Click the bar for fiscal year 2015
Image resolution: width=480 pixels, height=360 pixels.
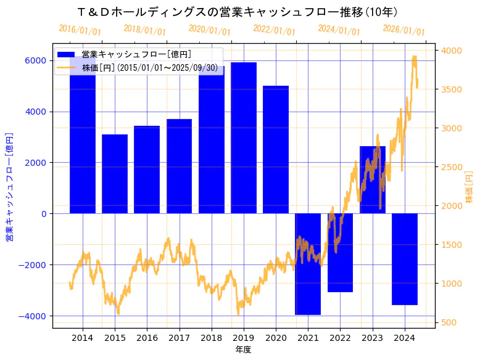[115, 174]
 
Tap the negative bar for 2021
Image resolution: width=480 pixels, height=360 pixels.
[308, 264]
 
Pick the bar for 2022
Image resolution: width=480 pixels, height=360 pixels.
[340, 253]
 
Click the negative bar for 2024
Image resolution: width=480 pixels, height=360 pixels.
[405, 259]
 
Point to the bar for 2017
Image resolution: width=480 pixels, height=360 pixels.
[179, 166]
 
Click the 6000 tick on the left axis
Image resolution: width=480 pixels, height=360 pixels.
[35, 60]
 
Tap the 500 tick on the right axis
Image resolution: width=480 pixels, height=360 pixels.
[448, 322]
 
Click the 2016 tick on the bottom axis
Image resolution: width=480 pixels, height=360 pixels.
[147, 338]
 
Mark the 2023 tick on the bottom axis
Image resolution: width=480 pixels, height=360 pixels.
[372, 338]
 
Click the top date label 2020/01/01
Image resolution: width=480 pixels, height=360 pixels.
[209, 30]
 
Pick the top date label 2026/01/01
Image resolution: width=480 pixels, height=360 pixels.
[403, 30]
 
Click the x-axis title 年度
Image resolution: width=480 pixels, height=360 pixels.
[244, 350]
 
